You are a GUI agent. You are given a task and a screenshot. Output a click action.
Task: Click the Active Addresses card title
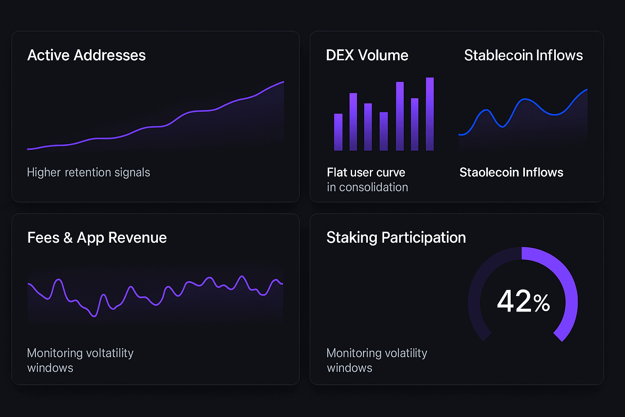(x=86, y=55)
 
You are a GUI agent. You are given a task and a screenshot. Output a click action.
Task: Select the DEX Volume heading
(x=367, y=55)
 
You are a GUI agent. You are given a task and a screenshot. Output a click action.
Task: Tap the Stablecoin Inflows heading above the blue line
(x=523, y=55)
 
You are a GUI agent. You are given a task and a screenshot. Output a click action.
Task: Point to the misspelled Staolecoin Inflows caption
(x=511, y=173)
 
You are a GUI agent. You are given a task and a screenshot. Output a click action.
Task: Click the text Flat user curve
(x=366, y=173)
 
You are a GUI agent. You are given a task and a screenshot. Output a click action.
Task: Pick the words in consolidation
(x=367, y=187)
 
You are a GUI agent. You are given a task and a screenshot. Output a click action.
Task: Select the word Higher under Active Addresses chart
(x=44, y=173)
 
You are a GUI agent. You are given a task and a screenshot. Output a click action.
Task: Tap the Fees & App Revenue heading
(x=97, y=238)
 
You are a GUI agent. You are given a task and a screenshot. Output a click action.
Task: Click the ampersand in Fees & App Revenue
(x=68, y=238)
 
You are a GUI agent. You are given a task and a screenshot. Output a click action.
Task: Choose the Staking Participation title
(x=396, y=238)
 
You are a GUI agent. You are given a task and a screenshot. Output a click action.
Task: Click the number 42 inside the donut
(x=514, y=301)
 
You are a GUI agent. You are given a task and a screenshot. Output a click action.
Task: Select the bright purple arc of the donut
(x=568, y=285)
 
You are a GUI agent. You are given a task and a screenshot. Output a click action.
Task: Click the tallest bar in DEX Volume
(x=430, y=114)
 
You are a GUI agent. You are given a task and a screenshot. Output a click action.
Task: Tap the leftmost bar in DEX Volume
(x=338, y=132)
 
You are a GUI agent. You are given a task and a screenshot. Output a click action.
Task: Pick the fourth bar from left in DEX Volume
(x=384, y=131)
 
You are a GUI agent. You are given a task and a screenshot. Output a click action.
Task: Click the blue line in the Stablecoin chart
(x=525, y=99)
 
